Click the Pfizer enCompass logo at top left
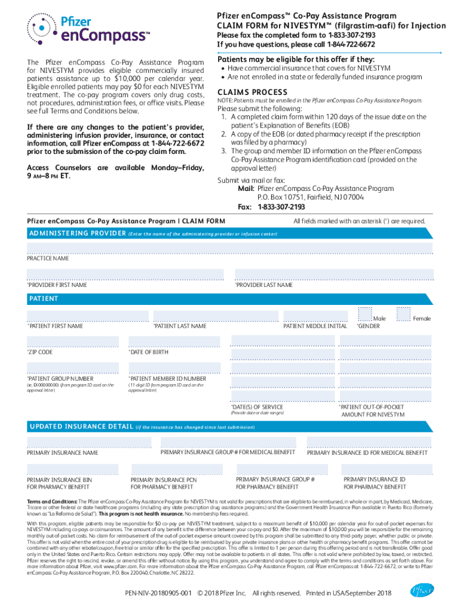click(86, 29)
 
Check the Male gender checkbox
click(364, 314)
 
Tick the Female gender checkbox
click(404, 314)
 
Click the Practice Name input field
click(229, 248)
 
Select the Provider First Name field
click(125, 274)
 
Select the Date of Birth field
click(175, 342)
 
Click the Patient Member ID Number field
click(175, 369)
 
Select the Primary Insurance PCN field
click(175, 470)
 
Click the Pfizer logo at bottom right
click(422, 591)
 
